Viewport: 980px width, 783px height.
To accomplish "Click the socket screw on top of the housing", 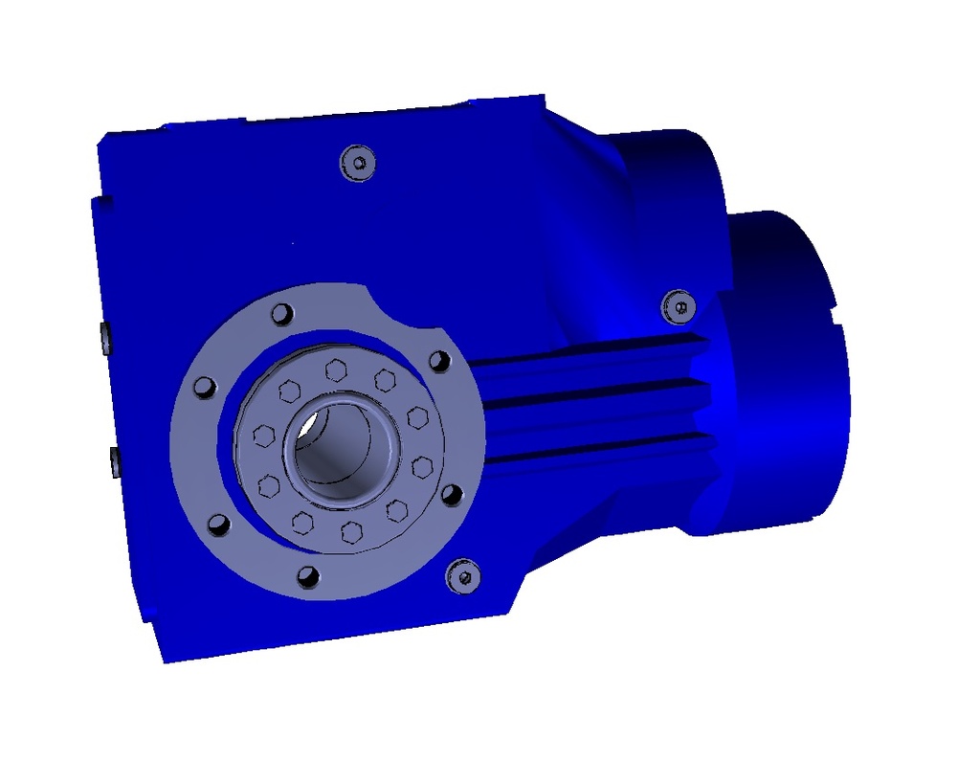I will point(358,163).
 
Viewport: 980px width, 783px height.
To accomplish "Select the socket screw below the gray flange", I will point(463,576).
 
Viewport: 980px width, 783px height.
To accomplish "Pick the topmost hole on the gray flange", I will point(280,314).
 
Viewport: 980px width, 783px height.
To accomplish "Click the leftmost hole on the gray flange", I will point(204,387).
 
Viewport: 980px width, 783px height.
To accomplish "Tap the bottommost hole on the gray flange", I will point(307,575).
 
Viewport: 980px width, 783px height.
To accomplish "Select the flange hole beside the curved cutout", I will point(438,362).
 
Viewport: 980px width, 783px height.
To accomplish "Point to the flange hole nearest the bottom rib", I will point(452,495).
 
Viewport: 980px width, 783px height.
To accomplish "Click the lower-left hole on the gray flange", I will point(218,525).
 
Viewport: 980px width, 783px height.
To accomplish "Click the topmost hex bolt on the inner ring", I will point(335,369).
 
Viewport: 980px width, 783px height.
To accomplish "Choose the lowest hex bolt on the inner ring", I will point(352,532).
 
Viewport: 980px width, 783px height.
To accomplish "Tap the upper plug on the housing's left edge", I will point(105,337).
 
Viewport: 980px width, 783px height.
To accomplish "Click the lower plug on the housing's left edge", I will point(114,460).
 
